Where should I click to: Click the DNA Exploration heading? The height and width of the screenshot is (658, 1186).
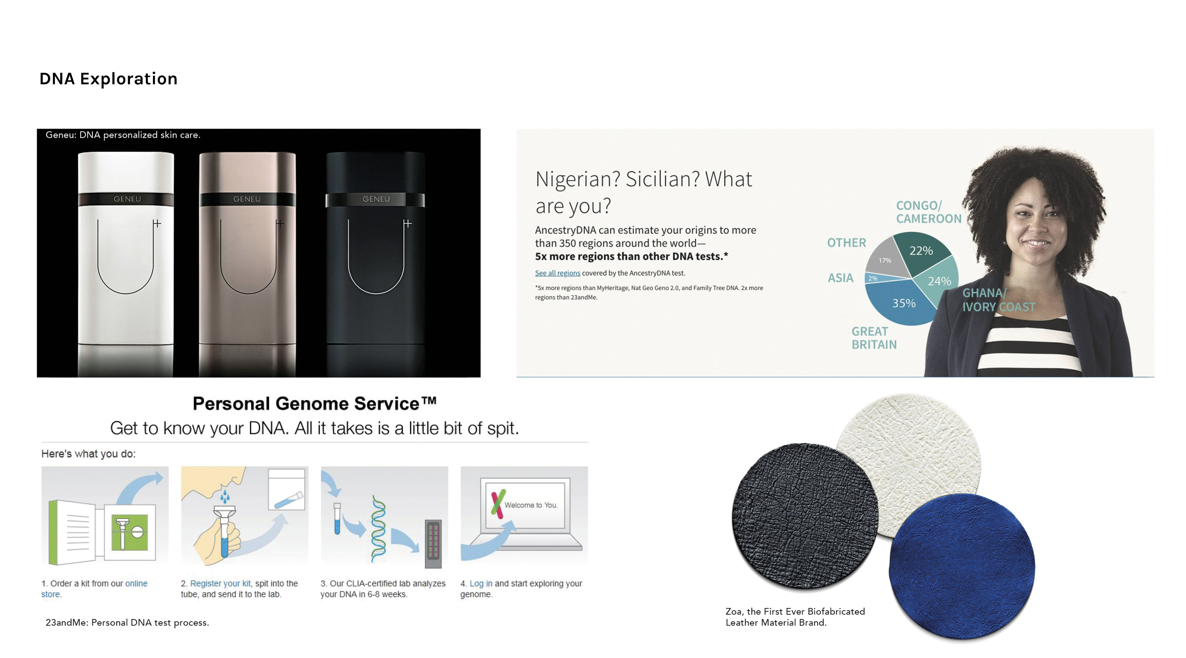point(109,79)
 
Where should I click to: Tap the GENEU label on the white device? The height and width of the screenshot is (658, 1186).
point(127,199)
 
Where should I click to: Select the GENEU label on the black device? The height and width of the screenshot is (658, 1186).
point(376,199)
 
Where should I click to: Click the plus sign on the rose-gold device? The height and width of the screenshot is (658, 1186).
point(280,223)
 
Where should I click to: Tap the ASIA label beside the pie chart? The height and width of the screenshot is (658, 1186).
point(840,278)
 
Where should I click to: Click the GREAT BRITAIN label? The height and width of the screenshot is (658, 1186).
point(874,338)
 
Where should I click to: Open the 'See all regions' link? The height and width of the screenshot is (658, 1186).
point(557,273)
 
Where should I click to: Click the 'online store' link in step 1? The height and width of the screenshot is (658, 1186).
point(94,589)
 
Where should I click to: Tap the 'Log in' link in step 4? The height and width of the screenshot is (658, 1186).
point(481,584)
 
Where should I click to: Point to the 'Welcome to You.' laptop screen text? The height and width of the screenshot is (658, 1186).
point(531,505)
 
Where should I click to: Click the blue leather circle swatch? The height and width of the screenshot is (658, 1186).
point(962,567)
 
